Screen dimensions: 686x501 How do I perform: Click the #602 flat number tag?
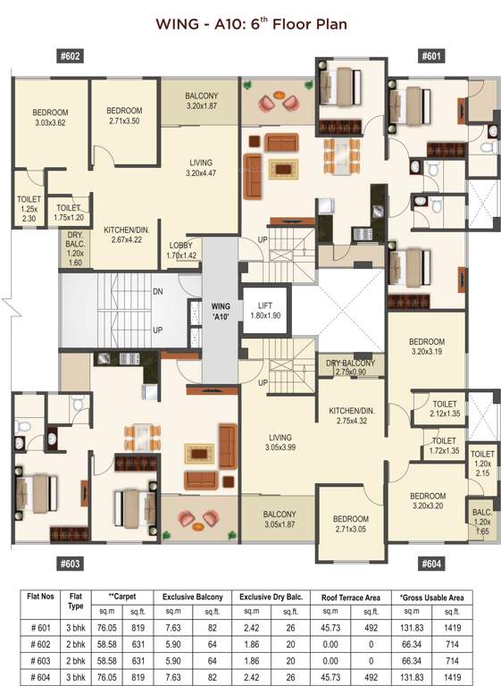[x=71, y=55]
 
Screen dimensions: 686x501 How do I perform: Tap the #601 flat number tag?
[x=431, y=55]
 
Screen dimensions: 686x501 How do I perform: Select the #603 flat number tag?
[x=71, y=564]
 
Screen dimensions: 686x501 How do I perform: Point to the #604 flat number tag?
[x=431, y=564]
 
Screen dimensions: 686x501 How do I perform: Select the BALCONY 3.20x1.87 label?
[x=201, y=100]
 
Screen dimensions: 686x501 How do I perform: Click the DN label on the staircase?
[x=157, y=290]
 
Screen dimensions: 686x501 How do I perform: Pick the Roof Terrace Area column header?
[x=351, y=596]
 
